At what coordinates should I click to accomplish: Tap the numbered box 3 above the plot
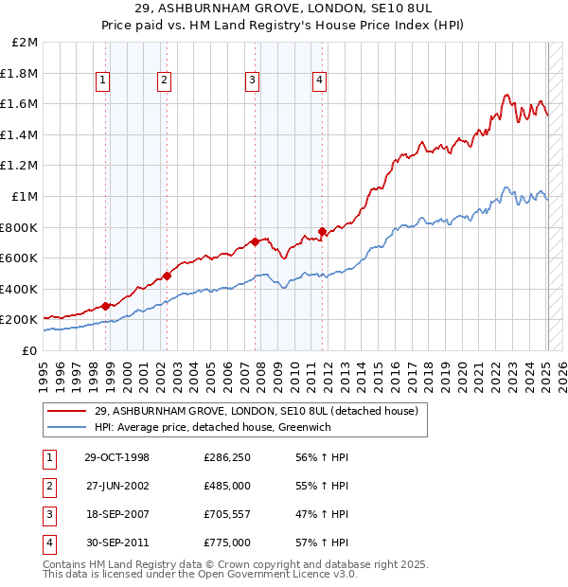pyautogui.click(x=253, y=80)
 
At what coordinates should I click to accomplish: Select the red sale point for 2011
pyautogui.click(x=323, y=231)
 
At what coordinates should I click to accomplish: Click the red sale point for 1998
pyautogui.click(x=106, y=306)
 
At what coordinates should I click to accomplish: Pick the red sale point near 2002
pyautogui.click(x=167, y=276)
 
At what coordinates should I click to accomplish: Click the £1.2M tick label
pyautogui.click(x=20, y=166)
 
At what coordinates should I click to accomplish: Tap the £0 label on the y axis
pyautogui.click(x=28, y=350)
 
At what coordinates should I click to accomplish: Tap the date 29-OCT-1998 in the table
pyautogui.click(x=116, y=457)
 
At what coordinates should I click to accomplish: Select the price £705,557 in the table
pyautogui.click(x=227, y=516)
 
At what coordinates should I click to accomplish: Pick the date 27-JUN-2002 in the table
pyautogui.click(x=116, y=486)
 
